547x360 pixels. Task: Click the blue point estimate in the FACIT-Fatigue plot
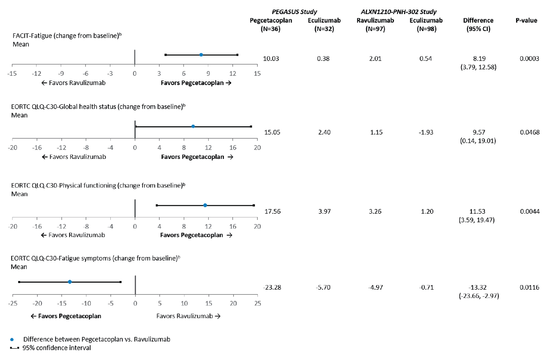[x=201, y=55]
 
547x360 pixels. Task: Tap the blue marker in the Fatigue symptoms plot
[x=70, y=282]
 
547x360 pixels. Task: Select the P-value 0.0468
[x=529, y=132]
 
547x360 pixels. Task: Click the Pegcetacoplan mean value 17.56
[x=272, y=211]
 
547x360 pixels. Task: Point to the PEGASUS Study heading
[x=294, y=12]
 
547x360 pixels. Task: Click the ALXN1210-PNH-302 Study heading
[x=398, y=12]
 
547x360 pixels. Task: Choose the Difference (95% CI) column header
[x=478, y=24]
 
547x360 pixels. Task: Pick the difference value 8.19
[x=479, y=59]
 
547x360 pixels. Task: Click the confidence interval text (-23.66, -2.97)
[x=479, y=296]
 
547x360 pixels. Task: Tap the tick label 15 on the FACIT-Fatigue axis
[x=257, y=74]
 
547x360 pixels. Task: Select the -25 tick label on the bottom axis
[x=12, y=303]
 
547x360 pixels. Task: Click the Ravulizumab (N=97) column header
[x=375, y=24]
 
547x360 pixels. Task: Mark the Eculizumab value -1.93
[x=426, y=132]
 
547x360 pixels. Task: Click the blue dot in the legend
[x=12, y=340]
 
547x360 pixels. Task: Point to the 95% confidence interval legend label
[x=57, y=348]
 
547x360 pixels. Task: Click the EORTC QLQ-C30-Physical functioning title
[x=98, y=185]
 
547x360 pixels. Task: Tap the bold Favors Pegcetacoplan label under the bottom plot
[x=66, y=316]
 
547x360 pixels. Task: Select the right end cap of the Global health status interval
[x=251, y=127]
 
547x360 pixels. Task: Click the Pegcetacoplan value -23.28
[x=272, y=287]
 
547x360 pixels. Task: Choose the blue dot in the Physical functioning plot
[x=205, y=205]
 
